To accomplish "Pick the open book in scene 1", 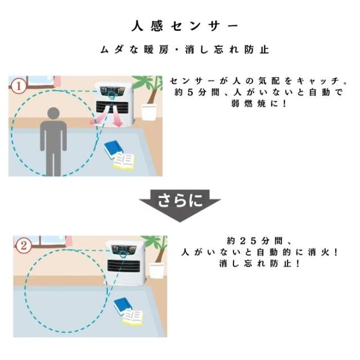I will (125, 163).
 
